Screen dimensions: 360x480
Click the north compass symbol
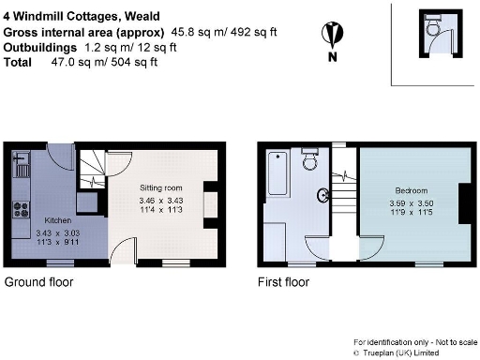[331, 35]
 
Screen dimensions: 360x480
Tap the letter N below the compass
[331, 57]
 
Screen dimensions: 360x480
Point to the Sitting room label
[154, 188]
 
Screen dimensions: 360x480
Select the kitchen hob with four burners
[21, 203]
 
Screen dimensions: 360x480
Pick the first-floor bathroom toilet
[311, 166]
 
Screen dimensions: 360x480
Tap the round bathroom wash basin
[323, 196]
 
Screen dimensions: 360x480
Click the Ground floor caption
[39, 281]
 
